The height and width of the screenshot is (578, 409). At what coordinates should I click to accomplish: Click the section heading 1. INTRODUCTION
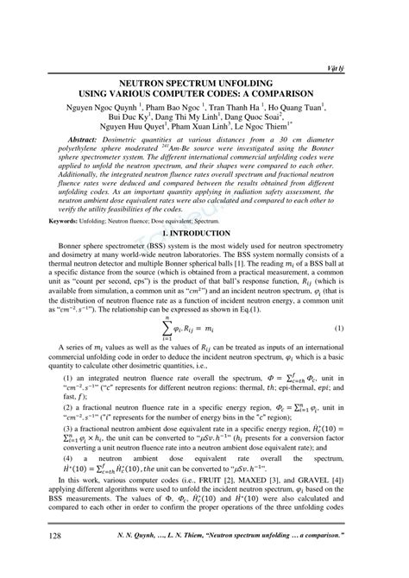click(204, 234)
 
